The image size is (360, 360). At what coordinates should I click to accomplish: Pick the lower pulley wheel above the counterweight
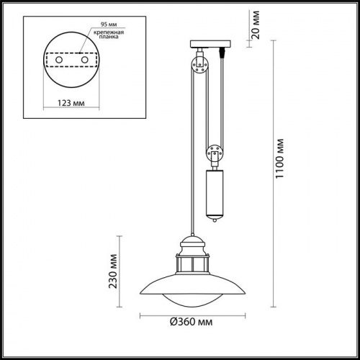215,153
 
